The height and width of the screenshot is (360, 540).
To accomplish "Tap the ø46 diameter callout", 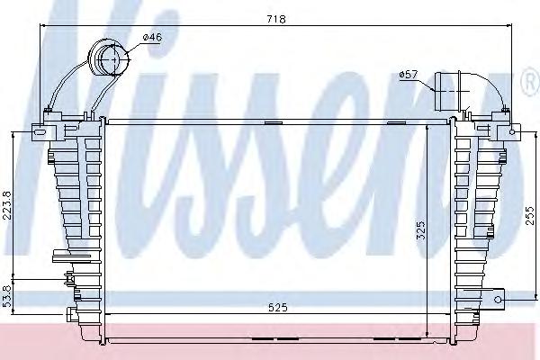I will [x=152, y=37].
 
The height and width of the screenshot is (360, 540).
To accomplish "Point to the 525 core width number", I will [x=277, y=308].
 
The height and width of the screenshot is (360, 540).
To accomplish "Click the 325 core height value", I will [x=420, y=232].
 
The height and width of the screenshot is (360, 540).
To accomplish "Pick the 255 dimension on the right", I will [x=531, y=219].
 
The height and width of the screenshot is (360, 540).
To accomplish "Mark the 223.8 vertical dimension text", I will [x=7, y=207].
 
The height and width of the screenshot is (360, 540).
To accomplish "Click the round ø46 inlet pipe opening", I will [x=111, y=61].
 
